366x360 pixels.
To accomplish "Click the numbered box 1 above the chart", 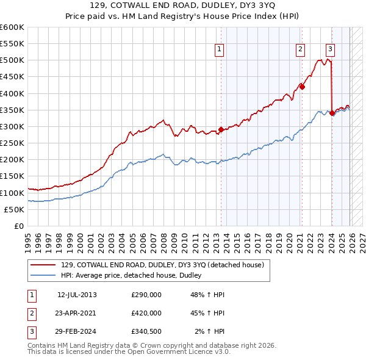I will [x=219, y=50].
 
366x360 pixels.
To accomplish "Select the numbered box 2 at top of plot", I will [x=301, y=50].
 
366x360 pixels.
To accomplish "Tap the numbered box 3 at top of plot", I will [x=330, y=50].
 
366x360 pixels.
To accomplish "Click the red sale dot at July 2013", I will [x=221, y=130].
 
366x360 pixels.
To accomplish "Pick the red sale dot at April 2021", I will [x=302, y=87].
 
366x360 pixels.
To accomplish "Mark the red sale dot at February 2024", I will [x=332, y=113].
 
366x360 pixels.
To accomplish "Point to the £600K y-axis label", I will [x=12, y=27].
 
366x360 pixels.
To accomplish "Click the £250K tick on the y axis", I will [x=12, y=143].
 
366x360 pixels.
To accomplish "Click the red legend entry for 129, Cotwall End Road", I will [x=162, y=265].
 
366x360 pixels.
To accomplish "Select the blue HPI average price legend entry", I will [x=135, y=276].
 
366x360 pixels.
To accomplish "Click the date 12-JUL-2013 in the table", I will [x=77, y=295].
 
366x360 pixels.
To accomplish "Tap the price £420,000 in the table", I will [x=146, y=313].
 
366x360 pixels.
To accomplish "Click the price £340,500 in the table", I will [x=146, y=331].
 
